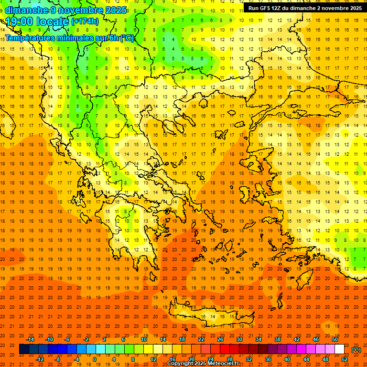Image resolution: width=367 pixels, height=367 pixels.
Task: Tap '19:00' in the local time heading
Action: [19, 21]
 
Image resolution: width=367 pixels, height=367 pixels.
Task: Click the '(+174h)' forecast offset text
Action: [85, 22]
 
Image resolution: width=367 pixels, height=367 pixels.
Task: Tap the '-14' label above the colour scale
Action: [30, 339]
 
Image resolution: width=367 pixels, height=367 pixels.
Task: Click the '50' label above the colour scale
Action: [335, 339]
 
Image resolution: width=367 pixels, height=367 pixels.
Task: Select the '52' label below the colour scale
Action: [345, 359]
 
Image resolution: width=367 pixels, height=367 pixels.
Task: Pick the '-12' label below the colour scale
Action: [40, 359]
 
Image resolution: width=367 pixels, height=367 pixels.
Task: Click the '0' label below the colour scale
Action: [94, 359]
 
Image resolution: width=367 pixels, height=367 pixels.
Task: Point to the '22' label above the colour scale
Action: [201, 339]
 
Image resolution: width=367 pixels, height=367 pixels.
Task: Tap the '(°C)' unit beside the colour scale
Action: [356, 350]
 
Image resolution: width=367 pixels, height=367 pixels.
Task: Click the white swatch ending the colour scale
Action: [339, 349]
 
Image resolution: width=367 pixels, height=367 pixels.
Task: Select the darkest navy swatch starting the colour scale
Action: [24, 349]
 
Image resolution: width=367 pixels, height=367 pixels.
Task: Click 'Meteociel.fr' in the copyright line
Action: [223, 364]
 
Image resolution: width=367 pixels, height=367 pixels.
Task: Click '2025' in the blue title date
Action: [116, 10]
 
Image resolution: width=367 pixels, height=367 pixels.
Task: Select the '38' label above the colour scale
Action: [278, 339]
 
